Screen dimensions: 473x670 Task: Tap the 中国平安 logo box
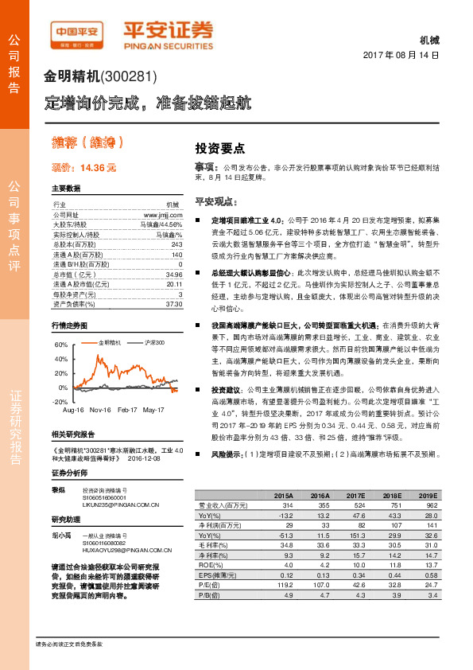coord(76,33)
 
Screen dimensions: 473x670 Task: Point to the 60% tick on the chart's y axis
coord(61,345)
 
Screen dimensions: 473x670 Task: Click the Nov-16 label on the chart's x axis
coord(100,409)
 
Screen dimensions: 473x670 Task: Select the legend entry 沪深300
coord(155,342)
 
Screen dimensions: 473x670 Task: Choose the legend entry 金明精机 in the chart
coord(112,342)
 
